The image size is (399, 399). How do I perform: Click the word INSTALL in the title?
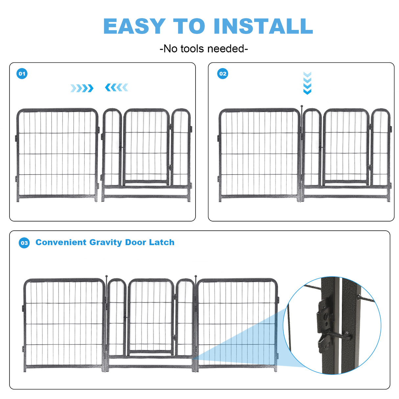[263, 26]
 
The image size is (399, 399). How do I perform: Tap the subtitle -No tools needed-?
[203, 49]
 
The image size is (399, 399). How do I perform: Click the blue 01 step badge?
[22, 74]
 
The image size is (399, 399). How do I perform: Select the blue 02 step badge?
[223, 74]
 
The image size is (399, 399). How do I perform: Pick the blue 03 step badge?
[24, 243]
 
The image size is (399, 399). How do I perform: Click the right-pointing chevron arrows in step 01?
[82, 88]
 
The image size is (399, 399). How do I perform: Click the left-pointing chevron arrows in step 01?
[116, 87]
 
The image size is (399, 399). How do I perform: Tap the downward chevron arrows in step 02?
[307, 83]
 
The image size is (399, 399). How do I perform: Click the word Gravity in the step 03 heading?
[106, 242]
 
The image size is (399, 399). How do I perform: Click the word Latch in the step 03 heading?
[161, 242]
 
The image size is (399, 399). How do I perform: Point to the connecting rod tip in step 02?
[301, 106]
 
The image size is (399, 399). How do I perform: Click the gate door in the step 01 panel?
[146, 146]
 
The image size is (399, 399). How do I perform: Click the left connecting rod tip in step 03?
[106, 277]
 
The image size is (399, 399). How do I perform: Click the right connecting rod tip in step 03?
[196, 277]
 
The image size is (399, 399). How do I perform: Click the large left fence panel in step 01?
[57, 154]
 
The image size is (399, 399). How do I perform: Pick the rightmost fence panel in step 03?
[237, 324]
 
